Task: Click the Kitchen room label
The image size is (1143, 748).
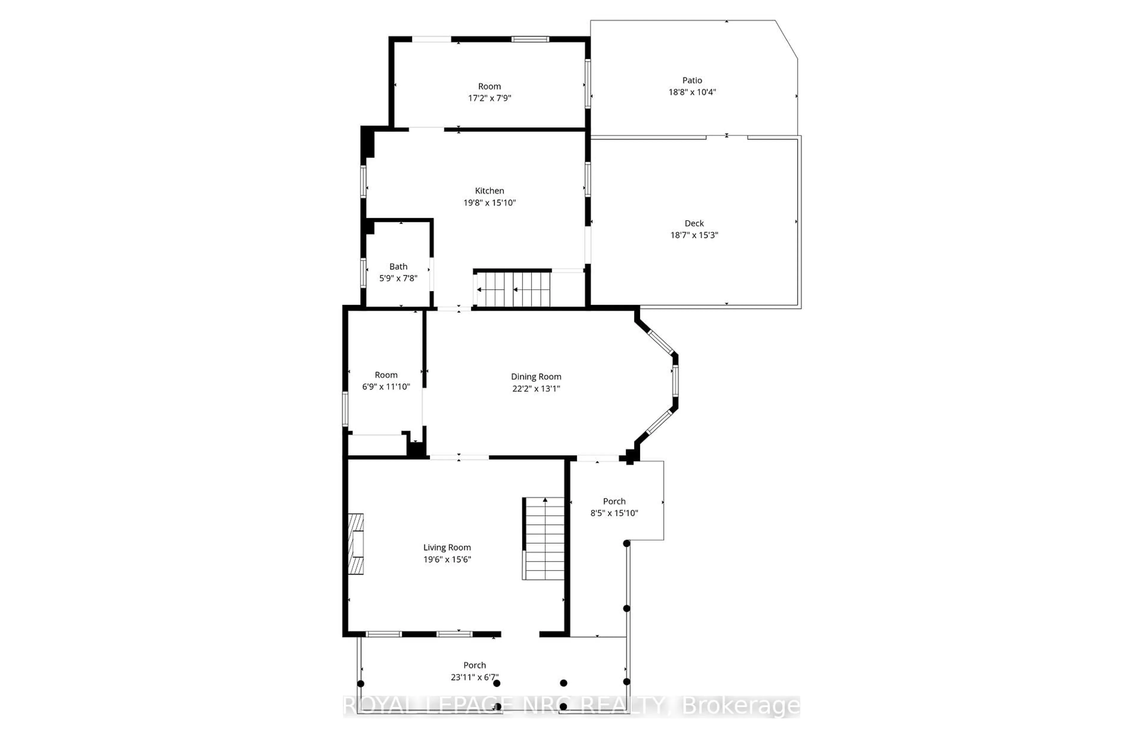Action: coord(489,191)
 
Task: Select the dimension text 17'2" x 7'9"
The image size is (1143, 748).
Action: coord(489,98)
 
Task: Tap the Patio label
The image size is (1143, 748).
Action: coord(692,80)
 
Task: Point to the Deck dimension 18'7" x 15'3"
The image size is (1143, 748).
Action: coord(694,235)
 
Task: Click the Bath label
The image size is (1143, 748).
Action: coord(398,267)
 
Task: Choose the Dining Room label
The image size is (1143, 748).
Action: coord(536,376)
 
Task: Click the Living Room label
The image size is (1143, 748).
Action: coord(447,547)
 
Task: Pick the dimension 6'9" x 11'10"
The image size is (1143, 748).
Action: coord(386,386)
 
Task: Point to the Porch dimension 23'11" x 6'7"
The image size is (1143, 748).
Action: coord(474,677)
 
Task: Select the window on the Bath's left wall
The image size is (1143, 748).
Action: coord(363,273)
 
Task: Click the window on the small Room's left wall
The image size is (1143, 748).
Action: coord(345,409)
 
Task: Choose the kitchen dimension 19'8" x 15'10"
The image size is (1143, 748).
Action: coord(489,203)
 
